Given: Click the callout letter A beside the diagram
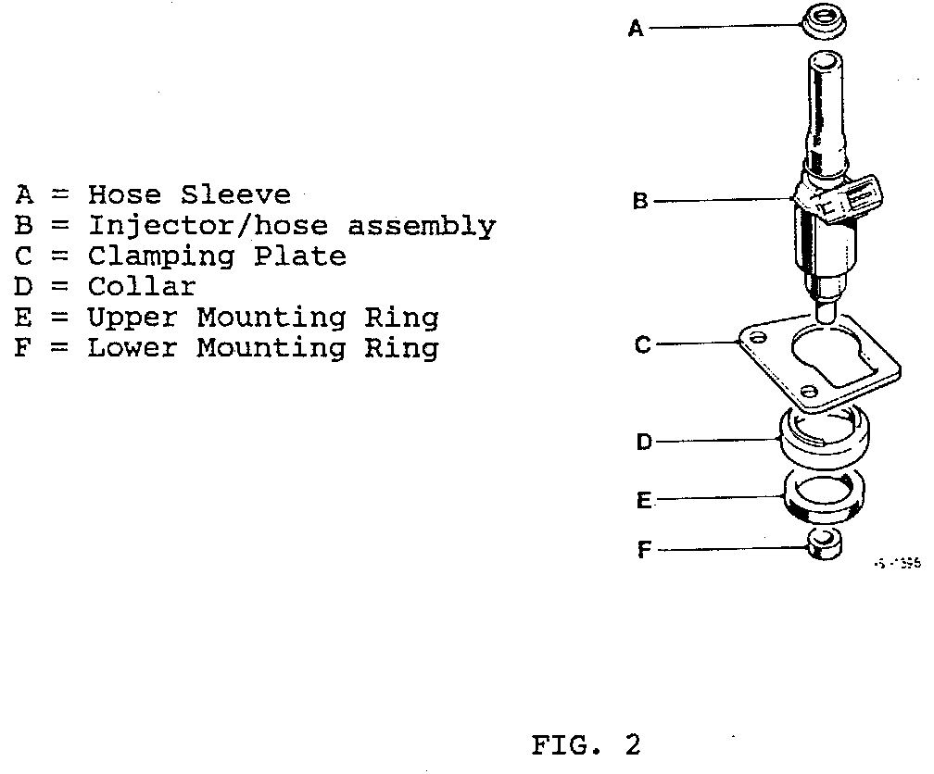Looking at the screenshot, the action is [x=636, y=30].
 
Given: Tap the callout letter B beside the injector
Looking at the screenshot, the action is [x=640, y=200].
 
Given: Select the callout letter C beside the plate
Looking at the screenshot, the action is [x=642, y=346].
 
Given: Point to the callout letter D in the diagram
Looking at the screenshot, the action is [x=644, y=443].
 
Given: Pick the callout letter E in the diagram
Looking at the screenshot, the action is [x=644, y=501].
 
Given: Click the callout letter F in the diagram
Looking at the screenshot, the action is [x=644, y=550].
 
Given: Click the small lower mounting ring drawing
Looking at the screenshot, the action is [x=823, y=543].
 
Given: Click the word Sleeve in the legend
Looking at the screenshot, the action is [x=235, y=195].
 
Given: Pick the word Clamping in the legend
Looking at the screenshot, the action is [x=161, y=256].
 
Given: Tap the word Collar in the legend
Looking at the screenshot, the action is [x=142, y=287].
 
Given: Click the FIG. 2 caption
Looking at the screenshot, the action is [x=586, y=745].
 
